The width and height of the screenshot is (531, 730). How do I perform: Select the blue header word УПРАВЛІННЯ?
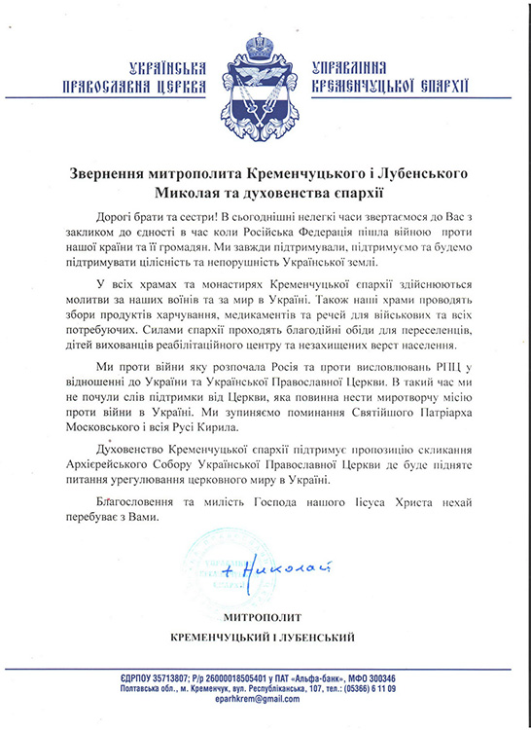click(x=349, y=69)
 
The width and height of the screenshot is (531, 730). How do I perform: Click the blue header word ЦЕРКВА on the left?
click(x=185, y=87)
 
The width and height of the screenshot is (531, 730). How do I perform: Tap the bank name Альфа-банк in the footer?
click(x=337, y=677)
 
